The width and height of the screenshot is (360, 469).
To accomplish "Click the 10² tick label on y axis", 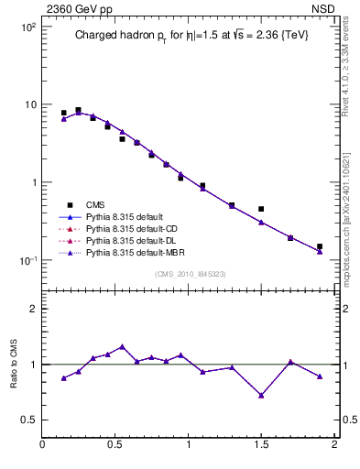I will coord(27,27).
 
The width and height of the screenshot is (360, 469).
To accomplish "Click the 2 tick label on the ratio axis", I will coord(31,309).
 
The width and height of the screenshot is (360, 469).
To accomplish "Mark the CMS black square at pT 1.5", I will coord(261,209).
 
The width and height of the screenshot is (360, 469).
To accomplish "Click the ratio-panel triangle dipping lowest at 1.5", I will coord(261,396).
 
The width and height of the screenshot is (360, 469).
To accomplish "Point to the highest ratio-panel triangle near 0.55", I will coord(122,346).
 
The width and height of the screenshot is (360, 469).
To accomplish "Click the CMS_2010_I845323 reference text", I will coord(189,273).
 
